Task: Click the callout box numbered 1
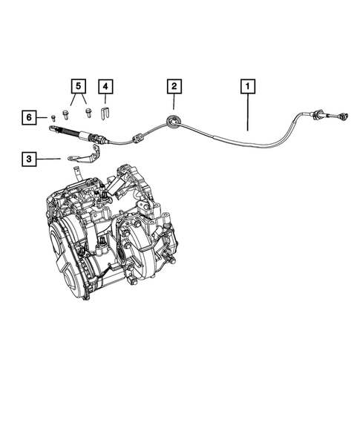[x=246, y=87]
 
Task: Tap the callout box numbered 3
[x=27, y=158]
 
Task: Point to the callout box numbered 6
[x=27, y=117]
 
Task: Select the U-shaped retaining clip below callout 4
[x=106, y=116]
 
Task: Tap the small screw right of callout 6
[x=54, y=117]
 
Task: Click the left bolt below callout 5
[x=68, y=114]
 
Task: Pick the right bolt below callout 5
[x=89, y=114]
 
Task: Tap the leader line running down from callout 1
[x=246, y=111]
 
